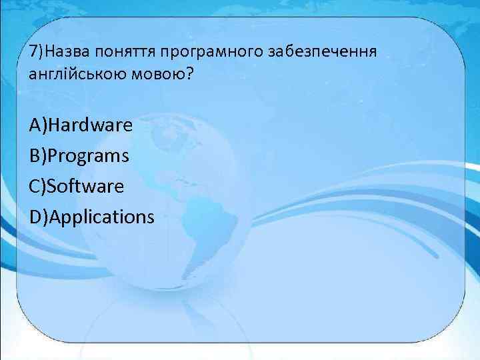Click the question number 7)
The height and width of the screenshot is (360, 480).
(37, 52)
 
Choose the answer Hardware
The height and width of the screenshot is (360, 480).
(90, 125)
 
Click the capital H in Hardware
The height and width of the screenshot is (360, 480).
(55, 125)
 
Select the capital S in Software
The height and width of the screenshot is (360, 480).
(53, 186)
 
